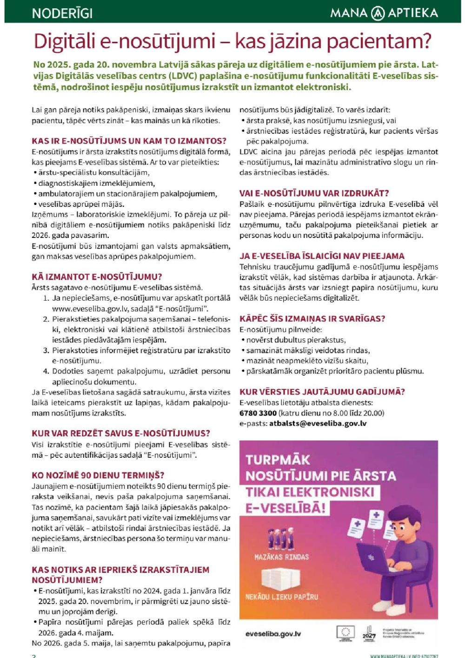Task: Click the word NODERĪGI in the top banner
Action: (x=62, y=13)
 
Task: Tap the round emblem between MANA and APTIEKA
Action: (x=378, y=13)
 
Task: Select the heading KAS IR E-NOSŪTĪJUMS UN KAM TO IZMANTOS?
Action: (x=129, y=141)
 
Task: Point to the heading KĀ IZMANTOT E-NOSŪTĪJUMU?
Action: (x=97, y=277)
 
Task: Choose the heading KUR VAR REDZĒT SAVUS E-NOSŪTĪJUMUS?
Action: (x=121, y=434)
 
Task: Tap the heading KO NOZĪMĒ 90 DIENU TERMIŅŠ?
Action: (x=98, y=475)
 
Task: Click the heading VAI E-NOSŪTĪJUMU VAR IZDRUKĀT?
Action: (x=314, y=193)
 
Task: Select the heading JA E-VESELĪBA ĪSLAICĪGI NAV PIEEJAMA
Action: (x=322, y=256)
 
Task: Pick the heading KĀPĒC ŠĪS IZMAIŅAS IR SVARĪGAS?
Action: (x=312, y=319)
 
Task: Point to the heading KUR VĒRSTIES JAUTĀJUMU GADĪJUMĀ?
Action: (x=322, y=392)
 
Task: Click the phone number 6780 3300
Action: (x=258, y=413)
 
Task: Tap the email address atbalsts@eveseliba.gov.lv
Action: (x=318, y=423)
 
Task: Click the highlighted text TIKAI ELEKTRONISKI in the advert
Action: (x=310, y=492)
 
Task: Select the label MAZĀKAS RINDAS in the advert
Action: (x=281, y=557)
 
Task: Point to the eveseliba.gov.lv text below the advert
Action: (x=273, y=634)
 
